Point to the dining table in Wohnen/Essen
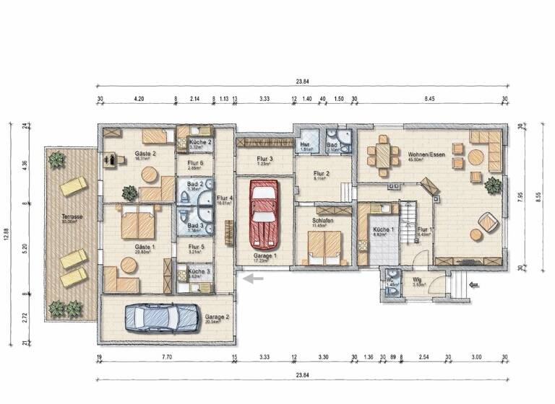tap(382, 157)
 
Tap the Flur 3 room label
tap(264, 159)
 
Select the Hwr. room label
tap(306, 146)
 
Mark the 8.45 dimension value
tap(430, 98)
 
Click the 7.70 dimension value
tap(166, 357)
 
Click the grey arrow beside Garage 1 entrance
tap(252, 278)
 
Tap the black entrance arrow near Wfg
tap(473, 285)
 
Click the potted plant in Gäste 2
tap(129, 193)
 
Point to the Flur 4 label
tap(225, 198)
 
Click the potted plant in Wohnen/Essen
tap(493, 185)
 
